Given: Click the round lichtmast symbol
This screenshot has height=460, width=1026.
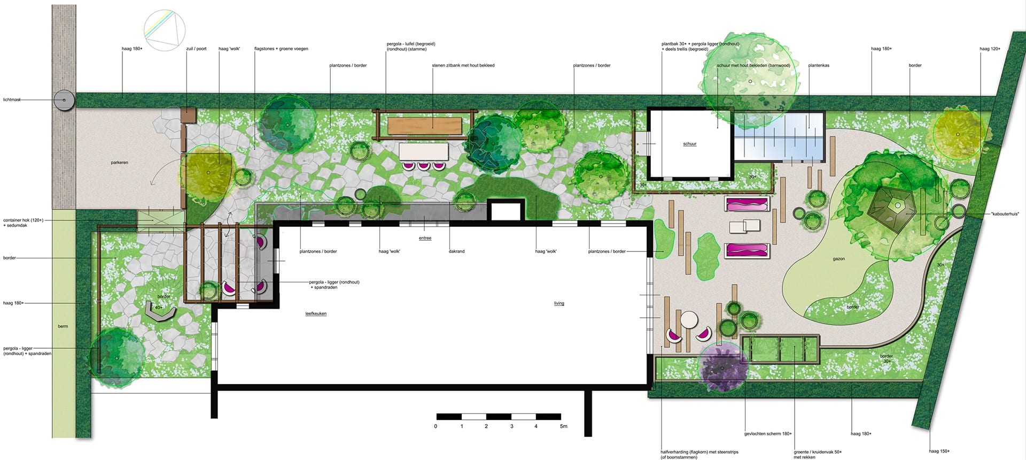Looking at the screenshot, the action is [64, 99].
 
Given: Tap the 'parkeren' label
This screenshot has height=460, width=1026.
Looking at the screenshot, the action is [120, 163].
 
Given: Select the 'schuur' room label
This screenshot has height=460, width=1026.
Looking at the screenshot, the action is [690, 144].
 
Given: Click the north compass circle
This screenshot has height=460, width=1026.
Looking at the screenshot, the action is [165, 32].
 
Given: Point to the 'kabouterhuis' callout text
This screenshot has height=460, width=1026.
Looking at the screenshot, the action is [1005, 214].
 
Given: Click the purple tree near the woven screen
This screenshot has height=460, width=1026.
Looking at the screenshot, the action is [722, 368].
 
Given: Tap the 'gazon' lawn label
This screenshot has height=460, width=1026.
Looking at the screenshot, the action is [838, 259].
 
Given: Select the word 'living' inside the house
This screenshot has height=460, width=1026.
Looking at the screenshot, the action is [559, 303].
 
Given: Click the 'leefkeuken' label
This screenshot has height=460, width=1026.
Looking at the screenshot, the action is [316, 313].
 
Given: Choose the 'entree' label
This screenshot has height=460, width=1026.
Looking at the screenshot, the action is [425, 238].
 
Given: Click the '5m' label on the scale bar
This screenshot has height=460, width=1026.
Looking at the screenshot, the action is [563, 426].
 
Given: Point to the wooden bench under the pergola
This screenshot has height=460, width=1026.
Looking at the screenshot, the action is [425, 126].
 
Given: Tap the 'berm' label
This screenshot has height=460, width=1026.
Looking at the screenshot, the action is [63, 326].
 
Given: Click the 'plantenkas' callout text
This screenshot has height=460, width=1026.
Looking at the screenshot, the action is [819, 66].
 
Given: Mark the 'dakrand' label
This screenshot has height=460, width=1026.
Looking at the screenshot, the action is [457, 251].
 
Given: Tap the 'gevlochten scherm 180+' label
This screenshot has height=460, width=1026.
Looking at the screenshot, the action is [768, 434].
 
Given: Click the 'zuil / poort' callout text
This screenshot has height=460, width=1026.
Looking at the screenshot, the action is [196, 49].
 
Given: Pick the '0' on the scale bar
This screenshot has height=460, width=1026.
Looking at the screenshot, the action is [436, 426].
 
